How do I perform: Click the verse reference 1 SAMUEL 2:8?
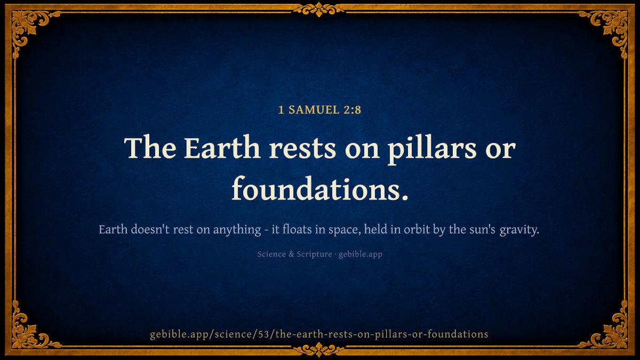[319, 110]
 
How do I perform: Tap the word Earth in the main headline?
[222, 148]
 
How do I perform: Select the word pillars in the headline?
[432, 149]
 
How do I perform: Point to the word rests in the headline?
[302, 149]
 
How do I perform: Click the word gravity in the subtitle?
[519, 230]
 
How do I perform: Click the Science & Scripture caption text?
[295, 254]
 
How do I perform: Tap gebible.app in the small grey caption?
[361, 254]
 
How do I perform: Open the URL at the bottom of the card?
[319, 334]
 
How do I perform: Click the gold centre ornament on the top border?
[319, 10]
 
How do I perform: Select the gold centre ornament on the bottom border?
[319, 350]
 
